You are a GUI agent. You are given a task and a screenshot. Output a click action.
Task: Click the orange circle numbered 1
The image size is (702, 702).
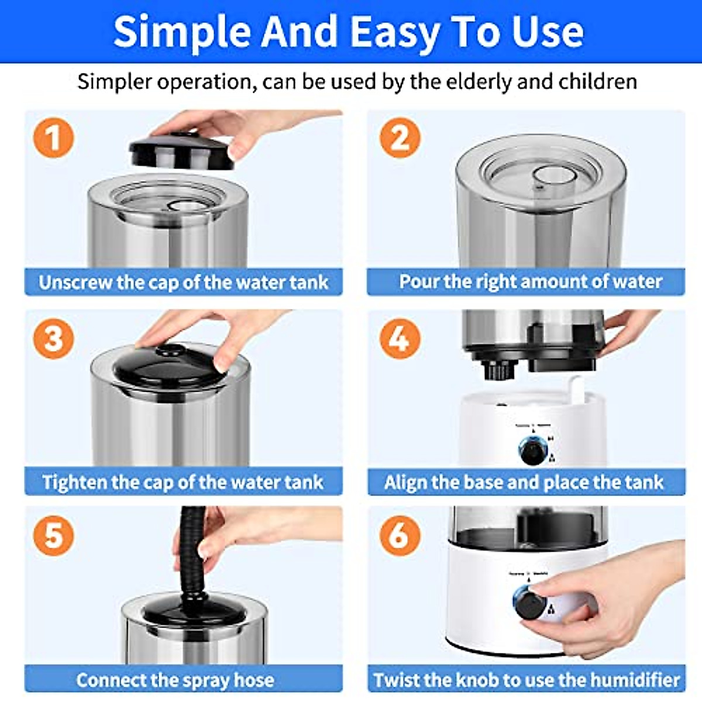tap(53, 138)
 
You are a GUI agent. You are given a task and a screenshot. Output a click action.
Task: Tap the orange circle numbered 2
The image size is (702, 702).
tap(400, 138)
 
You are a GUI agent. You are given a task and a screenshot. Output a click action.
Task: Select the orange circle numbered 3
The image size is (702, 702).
tap(53, 338)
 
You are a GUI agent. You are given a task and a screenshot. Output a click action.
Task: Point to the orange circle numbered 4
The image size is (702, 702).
tap(400, 338)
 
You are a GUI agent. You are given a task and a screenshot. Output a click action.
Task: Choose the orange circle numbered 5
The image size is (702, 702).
tap(53, 535)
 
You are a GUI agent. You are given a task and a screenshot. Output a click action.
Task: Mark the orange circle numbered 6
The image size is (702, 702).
tap(400, 535)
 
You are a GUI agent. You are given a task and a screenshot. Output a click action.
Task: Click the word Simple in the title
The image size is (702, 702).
tap(182, 32)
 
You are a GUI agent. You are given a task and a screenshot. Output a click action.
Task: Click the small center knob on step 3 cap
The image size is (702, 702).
tap(170, 350)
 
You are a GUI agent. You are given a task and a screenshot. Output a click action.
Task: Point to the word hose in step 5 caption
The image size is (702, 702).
tap(254, 680)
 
